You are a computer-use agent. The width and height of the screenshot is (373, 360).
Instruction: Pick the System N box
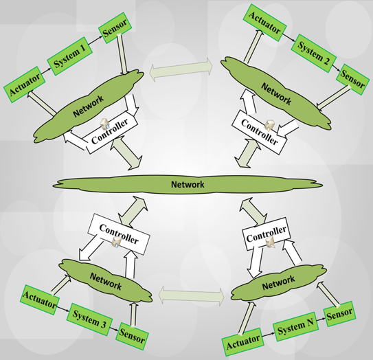point(296,329)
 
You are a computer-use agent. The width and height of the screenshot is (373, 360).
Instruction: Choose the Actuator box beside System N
point(244,341)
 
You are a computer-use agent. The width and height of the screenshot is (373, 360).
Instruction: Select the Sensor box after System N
point(340,315)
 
